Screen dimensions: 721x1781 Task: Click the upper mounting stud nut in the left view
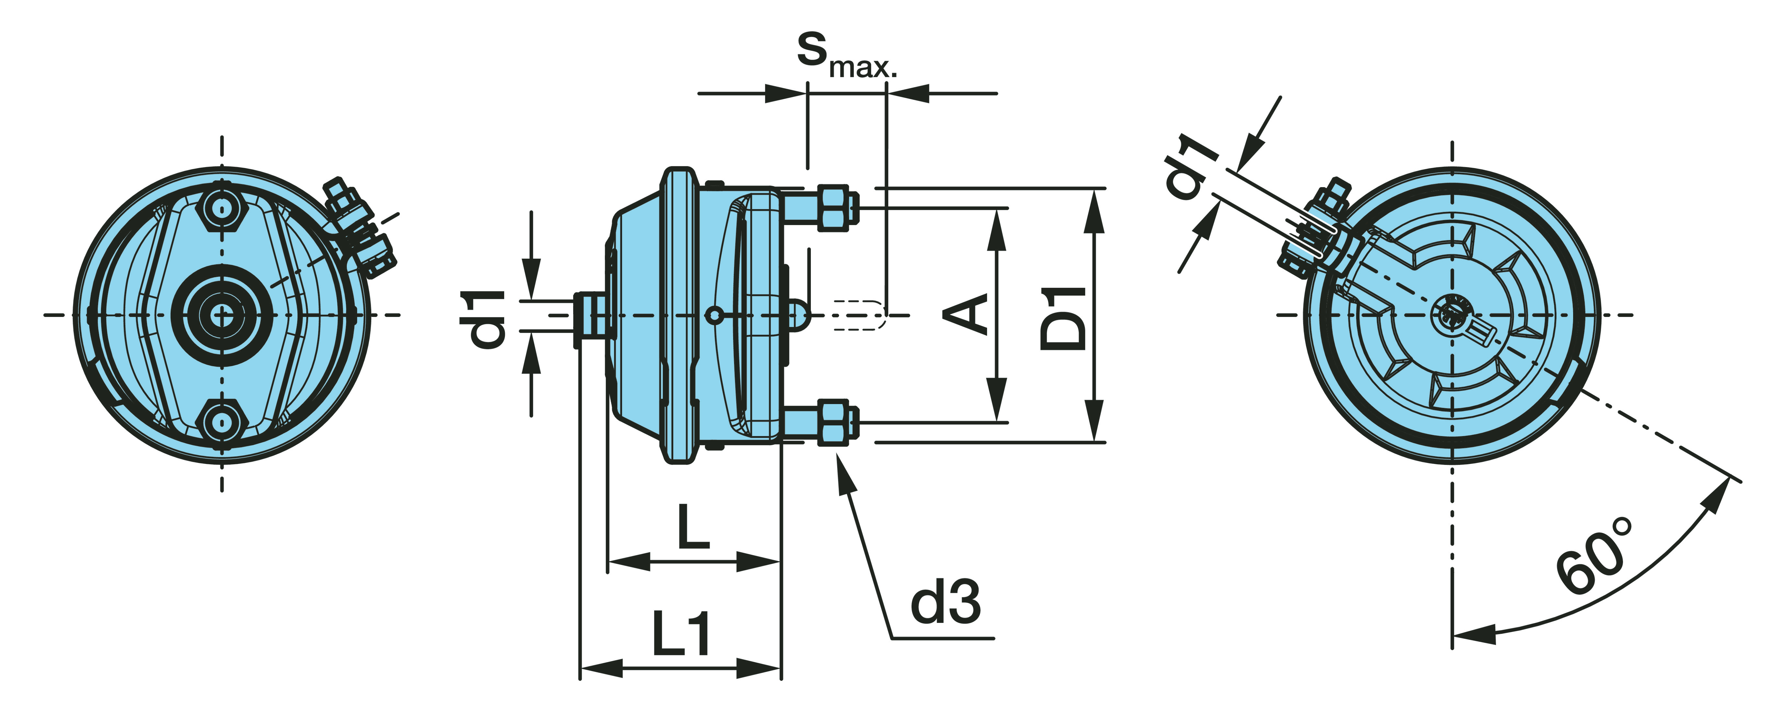click(x=221, y=209)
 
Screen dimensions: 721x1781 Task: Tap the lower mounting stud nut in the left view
click(x=221, y=421)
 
